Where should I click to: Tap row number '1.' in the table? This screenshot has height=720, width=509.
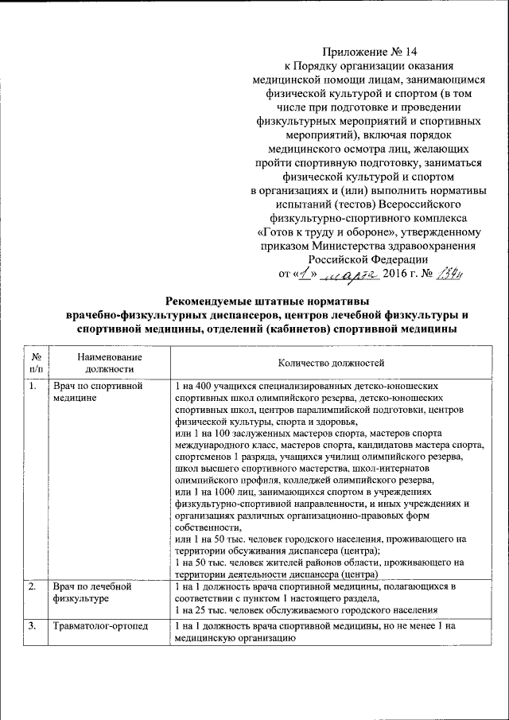click(33, 387)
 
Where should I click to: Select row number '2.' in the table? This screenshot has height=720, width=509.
click(33, 587)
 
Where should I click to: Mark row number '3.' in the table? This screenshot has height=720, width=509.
click(33, 627)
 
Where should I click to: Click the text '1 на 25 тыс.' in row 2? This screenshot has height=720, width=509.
click(202, 609)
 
